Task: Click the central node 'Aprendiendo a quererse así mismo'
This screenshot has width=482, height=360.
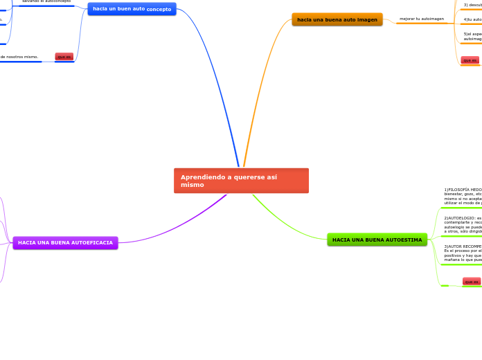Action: [x=241, y=181]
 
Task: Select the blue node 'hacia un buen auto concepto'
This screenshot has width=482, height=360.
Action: [x=132, y=9]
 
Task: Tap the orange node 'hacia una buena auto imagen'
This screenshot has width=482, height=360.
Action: [x=337, y=19]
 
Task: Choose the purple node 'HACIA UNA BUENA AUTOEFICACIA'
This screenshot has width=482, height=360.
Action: [x=65, y=243]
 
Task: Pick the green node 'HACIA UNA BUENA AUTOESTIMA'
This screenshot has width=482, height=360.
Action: [x=377, y=240]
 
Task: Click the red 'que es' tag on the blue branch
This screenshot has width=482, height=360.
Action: [x=64, y=57]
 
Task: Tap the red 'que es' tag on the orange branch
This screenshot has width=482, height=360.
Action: [x=470, y=60]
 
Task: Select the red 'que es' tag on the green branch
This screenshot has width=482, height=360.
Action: [x=471, y=282]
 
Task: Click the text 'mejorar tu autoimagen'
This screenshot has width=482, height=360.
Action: [x=422, y=19]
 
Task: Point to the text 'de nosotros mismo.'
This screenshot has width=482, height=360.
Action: [x=19, y=57]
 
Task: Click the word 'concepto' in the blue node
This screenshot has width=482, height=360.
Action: [x=159, y=9]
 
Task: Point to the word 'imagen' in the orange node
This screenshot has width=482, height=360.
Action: [x=364, y=19]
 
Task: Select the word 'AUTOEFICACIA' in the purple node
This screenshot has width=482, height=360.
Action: [x=91, y=243]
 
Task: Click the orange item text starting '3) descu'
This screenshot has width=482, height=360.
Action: [x=472, y=5]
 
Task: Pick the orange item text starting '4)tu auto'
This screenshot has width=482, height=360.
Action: [x=472, y=19]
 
